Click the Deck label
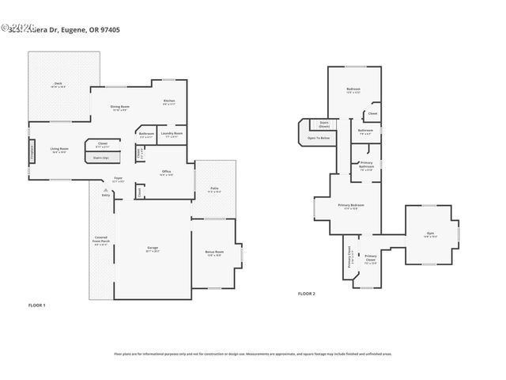click(59, 83)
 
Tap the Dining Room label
click(120, 106)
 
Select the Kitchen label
click(168, 101)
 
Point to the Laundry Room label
click(172, 133)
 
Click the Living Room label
click(59, 148)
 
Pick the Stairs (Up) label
click(101, 157)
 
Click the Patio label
click(214, 188)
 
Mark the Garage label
click(153, 248)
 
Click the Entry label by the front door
click(106, 195)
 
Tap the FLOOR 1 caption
click(37, 305)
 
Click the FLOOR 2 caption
click(307, 294)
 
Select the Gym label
click(430, 233)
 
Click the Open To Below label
click(318, 139)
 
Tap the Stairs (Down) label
click(324, 124)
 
